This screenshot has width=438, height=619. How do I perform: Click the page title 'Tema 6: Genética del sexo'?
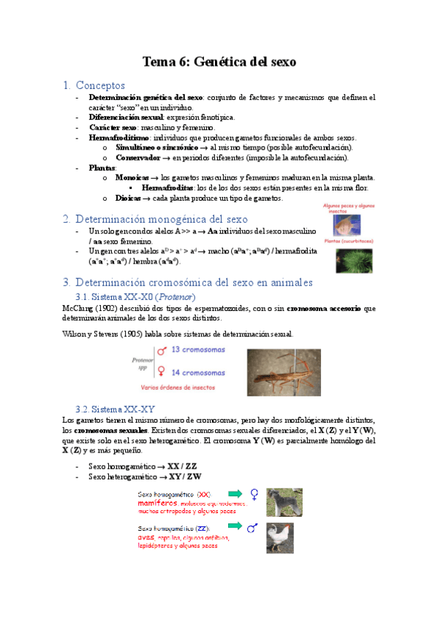click(x=219, y=62)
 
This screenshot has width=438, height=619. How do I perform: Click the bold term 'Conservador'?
click(x=137, y=157)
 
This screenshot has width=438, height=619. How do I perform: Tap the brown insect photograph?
click(x=283, y=372)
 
